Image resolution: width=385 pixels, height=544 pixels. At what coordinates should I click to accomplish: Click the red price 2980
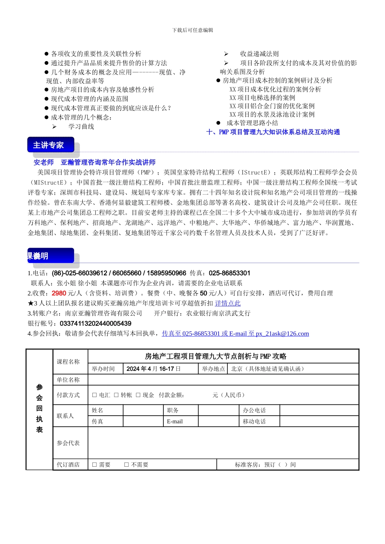point(59,293)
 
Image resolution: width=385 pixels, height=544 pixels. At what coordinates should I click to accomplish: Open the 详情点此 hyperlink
point(228,303)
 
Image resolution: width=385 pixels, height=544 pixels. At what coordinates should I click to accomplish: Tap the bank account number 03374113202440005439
point(95,323)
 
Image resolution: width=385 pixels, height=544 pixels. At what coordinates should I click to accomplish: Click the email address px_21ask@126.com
point(282,334)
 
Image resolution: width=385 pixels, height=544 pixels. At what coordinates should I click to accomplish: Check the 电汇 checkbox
point(94,395)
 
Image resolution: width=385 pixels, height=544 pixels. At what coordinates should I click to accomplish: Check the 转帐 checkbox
point(116,395)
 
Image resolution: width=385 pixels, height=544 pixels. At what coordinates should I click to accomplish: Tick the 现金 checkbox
point(138,395)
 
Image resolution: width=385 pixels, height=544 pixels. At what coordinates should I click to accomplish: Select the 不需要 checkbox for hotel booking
point(126,465)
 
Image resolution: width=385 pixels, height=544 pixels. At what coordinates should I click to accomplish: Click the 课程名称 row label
point(68,361)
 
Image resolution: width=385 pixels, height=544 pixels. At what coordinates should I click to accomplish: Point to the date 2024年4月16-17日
point(154,369)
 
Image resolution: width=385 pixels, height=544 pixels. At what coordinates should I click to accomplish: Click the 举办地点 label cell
point(214,369)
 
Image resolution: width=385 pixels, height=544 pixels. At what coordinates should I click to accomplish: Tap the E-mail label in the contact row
point(175,421)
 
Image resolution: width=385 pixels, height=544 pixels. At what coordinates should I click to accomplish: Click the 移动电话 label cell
point(254,421)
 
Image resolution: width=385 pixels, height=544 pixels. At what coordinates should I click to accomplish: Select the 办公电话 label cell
point(254,410)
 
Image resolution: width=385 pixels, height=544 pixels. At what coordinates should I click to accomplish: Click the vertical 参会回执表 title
point(39,408)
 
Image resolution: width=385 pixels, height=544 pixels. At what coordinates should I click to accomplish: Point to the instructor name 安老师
point(44,162)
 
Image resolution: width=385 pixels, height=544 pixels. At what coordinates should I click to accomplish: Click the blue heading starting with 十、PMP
point(273,132)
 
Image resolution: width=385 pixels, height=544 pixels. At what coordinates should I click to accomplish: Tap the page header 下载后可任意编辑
point(192,30)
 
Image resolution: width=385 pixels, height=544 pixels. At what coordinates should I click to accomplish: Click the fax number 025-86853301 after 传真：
point(229,273)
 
